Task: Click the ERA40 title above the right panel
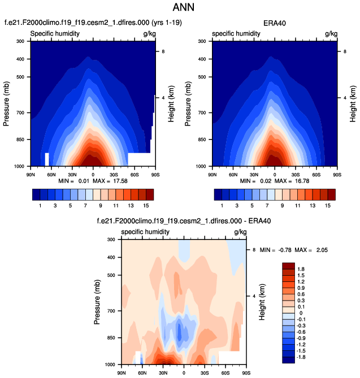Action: coord(275,23)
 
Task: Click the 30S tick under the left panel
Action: coord(114,172)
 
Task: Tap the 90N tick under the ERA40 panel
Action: coord(214,172)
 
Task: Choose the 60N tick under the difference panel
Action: coord(141,373)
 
